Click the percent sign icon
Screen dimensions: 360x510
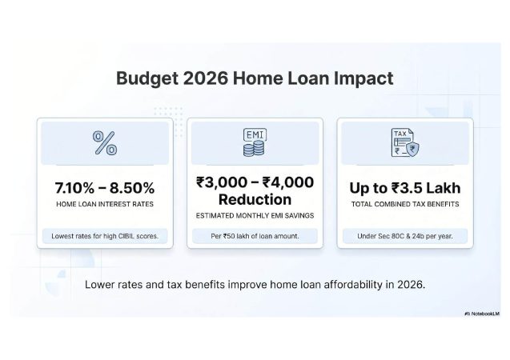point(104,143)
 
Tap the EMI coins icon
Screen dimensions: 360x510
point(254,142)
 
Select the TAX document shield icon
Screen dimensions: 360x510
point(404,142)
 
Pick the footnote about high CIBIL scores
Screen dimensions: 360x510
point(104,236)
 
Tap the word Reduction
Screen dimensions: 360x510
point(254,199)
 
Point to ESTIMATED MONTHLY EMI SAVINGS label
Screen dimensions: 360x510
point(254,216)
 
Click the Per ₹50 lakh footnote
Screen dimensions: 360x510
point(254,236)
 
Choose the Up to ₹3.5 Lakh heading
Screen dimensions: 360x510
point(404,189)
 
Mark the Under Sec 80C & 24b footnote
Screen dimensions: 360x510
point(404,236)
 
